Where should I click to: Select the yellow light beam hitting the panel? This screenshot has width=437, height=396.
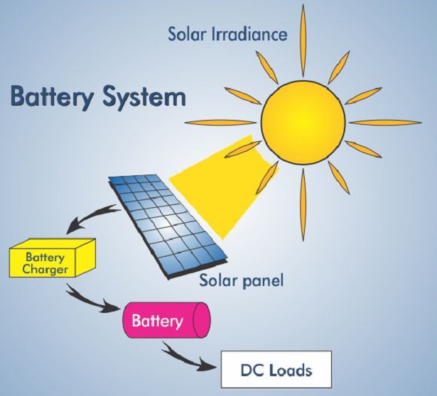pyautogui.click(x=220, y=185)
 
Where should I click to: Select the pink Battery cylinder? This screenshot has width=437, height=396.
pyautogui.click(x=163, y=321)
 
